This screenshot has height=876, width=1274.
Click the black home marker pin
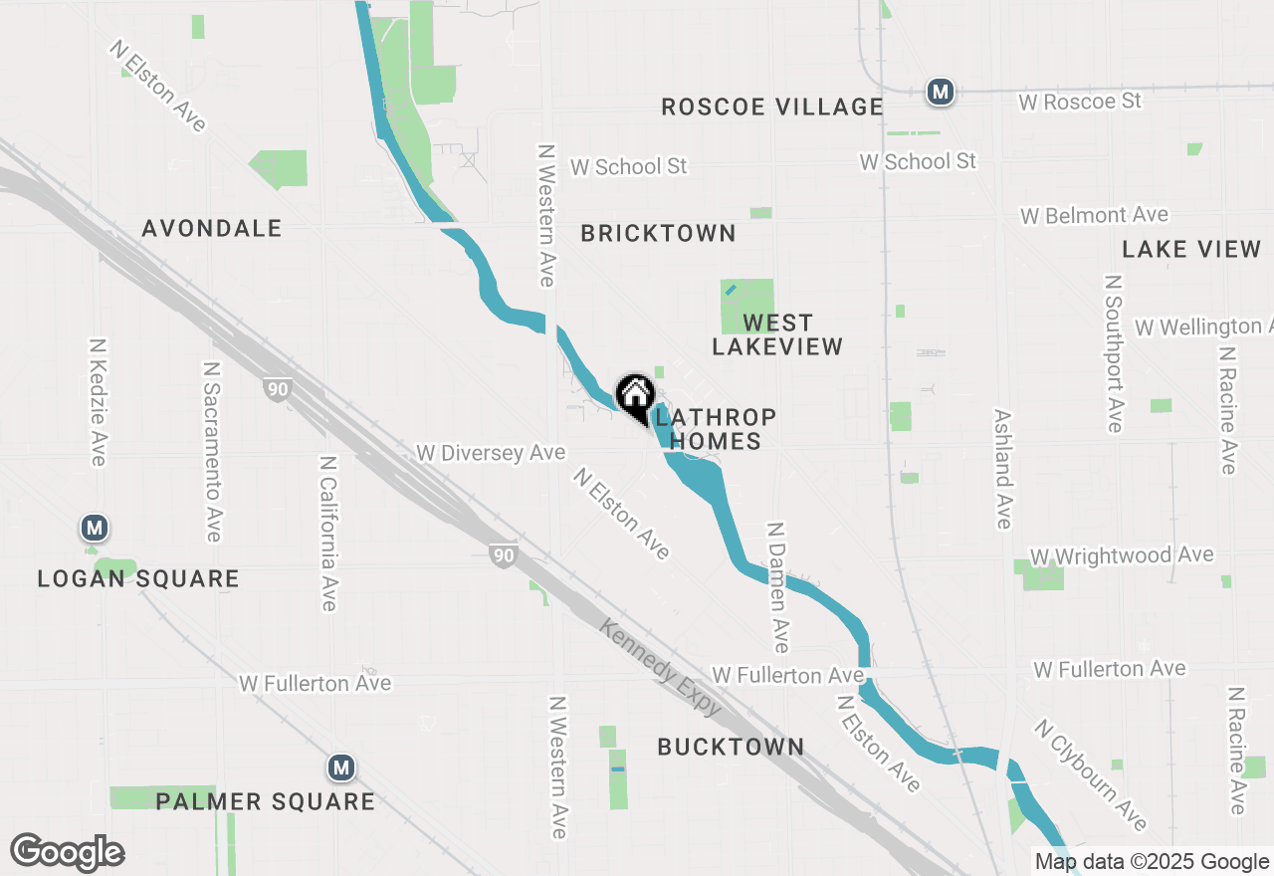pyautogui.click(x=635, y=396)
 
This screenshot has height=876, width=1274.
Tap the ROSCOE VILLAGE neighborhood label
pyautogui.click(x=772, y=107)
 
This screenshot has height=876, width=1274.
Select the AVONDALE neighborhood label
pyautogui.click(x=212, y=228)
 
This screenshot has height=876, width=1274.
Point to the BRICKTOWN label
pyautogui.click(x=659, y=233)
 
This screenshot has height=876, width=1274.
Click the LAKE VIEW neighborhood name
pyautogui.click(x=1191, y=249)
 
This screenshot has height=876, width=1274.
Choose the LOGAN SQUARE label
pyautogui.click(x=138, y=578)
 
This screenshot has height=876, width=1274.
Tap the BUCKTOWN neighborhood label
pyautogui.click(x=731, y=747)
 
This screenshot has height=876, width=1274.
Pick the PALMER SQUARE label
pyautogui.click(x=266, y=801)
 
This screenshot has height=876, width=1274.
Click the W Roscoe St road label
pyautogui.click(x=1080, y=102)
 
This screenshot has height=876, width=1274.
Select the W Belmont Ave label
pyautogui.click(x=1094, y=215)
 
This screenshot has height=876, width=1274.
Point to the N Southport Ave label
pyautogui.click(x=1113, y=353)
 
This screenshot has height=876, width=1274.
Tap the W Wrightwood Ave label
pyautogui.click(x=1122, y=555)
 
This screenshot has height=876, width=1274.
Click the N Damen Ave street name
pyautogui.click(x=778, y=586)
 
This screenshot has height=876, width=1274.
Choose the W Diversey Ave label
pyautogui.click(x=491, y=453)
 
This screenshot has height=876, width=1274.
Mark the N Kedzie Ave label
pyautogui.click(x=98, y=402)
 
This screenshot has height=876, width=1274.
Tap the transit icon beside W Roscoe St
pyautogui.click(x=940, y=93)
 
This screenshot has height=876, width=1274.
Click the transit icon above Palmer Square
pyautogui.click(x=341, y=767)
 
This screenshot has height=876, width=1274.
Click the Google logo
pyautogui.click(x=68, y=852)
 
